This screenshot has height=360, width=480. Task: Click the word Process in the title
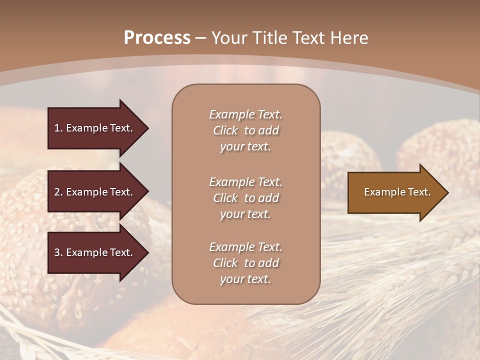pos(157,37)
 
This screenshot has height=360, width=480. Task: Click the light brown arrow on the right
pos(395,192)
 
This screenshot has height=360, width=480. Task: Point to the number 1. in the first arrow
pos(58,128)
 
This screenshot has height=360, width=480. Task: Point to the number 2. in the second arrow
pos(58,192)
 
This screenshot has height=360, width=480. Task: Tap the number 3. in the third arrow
pos(58,252)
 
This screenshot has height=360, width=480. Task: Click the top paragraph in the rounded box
pos(245,130)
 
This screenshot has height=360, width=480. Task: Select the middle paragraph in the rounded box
pos(245,198)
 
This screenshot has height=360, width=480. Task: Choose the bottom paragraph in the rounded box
pos(245,263)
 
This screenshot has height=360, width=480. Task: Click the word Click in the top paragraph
pos(225,130)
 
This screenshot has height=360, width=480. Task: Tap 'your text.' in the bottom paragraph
pos(245,279)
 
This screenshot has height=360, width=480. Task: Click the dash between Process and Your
pos(201,38)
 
